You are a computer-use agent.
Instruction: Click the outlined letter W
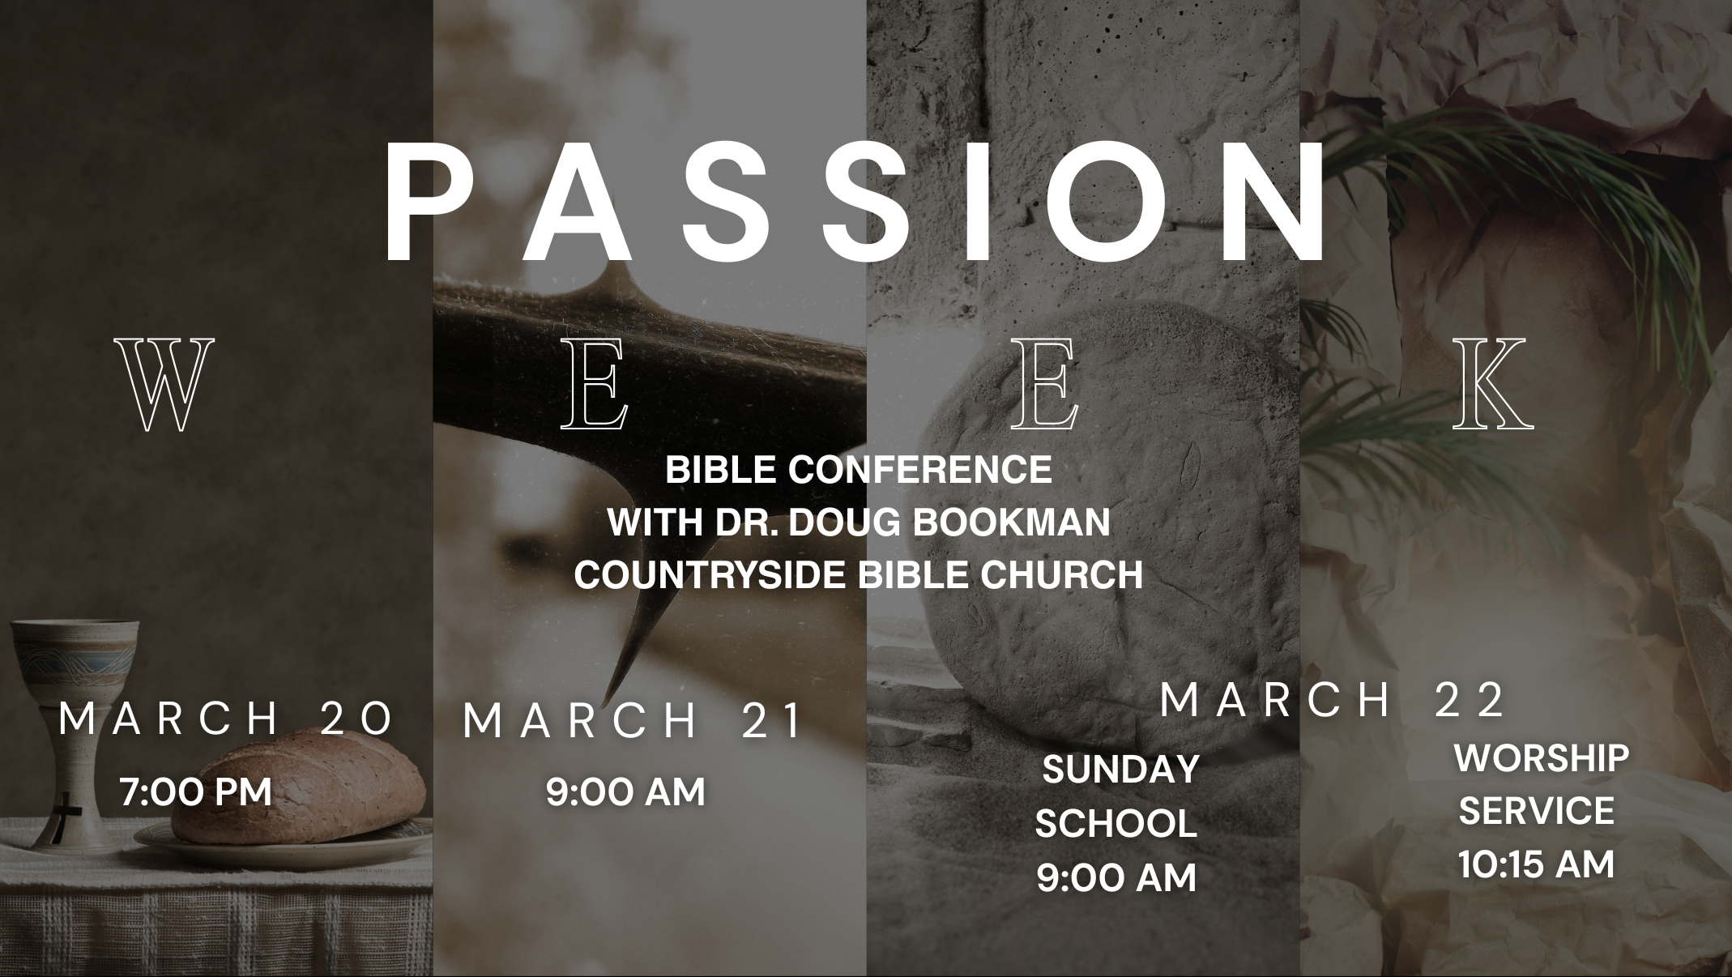[164, 384]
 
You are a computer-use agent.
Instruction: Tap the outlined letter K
[1493, 384]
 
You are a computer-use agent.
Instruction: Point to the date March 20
[227, 719]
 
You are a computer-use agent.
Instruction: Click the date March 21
[632, 720]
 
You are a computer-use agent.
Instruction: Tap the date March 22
[1332, 700]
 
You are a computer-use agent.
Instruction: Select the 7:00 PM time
[196, 792]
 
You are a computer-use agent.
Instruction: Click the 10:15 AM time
[1537, 864]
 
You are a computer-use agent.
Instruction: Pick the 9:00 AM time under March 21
[625, 791]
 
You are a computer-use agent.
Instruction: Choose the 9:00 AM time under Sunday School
[1116, 878]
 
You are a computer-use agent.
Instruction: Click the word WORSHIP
[1542, 758]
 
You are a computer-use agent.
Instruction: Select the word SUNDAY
[1120, 770]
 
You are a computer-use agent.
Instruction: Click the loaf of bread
[300, 788]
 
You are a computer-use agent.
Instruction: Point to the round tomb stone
[1118, 567]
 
